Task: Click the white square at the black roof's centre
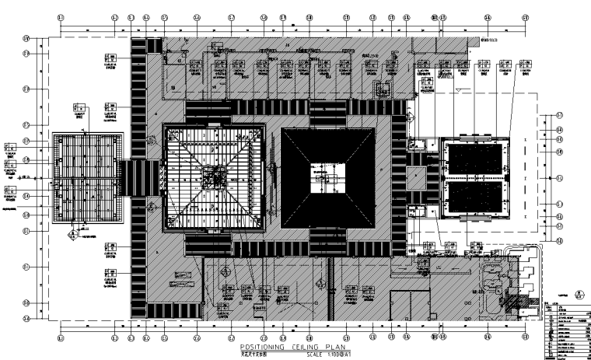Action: [327, 180]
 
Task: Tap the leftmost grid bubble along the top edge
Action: [61, 16]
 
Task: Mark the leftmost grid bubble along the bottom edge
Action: [61, 337]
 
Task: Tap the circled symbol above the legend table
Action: [577, 295]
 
